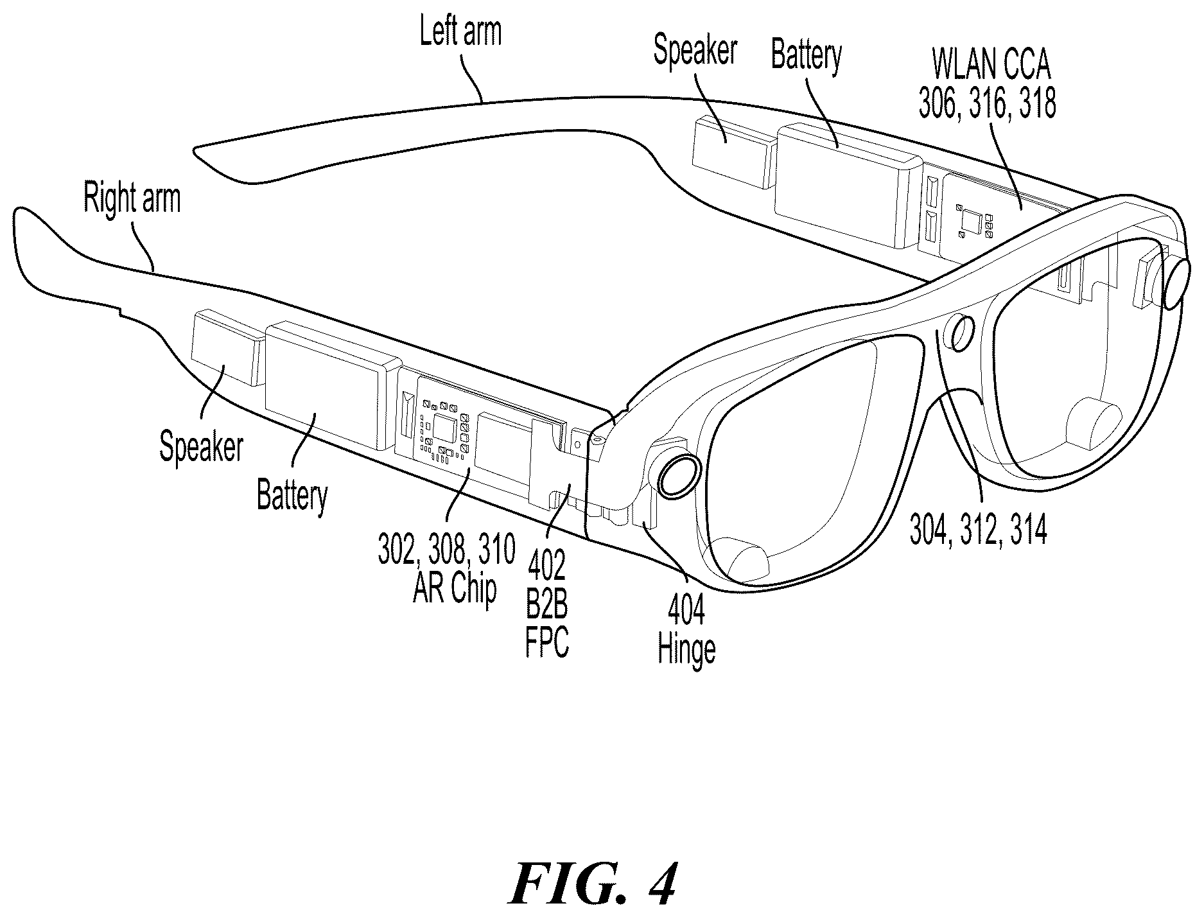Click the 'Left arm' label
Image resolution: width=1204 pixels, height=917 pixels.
(460, 31)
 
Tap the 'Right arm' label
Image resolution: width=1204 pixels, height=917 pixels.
(132, 198)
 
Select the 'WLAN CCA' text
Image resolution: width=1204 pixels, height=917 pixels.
(990, 67)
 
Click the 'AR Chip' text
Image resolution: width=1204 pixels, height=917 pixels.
(455, 589)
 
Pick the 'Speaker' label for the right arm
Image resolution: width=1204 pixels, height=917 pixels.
(202, 446)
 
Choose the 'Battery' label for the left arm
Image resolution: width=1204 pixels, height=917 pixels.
(806, 55)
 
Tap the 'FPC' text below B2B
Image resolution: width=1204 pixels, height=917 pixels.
(547, 643)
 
